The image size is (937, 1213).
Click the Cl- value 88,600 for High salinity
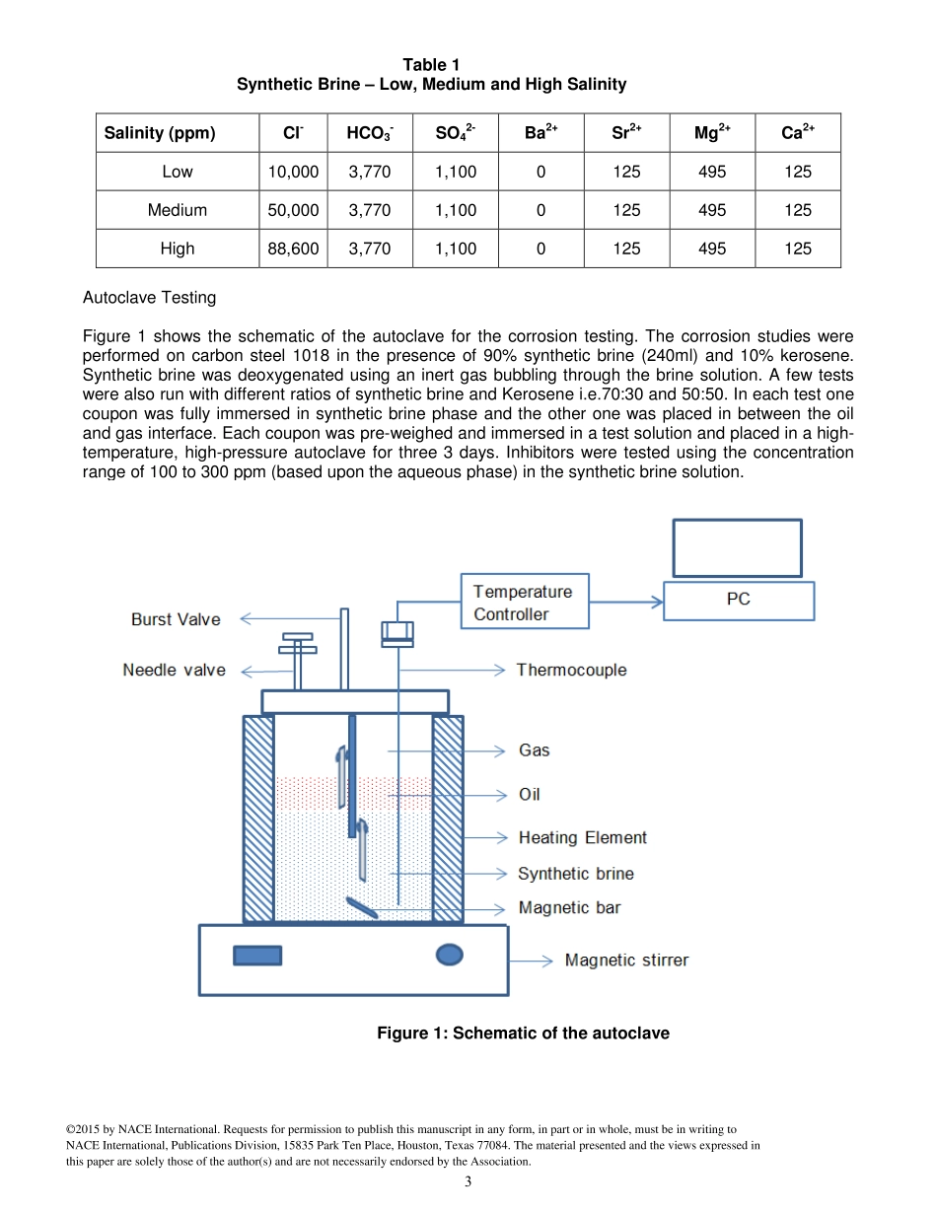coord(293,249)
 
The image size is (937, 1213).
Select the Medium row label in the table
coord(178,210)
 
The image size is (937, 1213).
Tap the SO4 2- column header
coord(456,133)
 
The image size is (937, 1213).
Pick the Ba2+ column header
coord(541,133)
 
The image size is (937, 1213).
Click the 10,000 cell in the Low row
coord(293,172)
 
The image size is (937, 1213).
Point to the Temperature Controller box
coord(524,603)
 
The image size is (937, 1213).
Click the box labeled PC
coord(739,600)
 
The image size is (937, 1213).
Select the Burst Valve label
coord(176,619)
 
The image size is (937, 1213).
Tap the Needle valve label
coord(174,670)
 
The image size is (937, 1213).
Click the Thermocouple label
coord(571,670)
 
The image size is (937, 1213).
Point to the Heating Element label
coord(583,837)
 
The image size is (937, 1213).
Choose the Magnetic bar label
coord(569,907)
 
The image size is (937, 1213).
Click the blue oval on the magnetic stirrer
coord(449,954)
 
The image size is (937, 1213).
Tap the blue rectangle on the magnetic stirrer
coord(257,955)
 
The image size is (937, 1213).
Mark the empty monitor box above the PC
coord(737,547)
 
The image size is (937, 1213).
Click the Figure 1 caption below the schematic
coord(523,1034)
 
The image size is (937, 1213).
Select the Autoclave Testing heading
coord(149,297)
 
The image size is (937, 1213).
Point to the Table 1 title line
coord(431,65)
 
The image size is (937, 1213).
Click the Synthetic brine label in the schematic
coord(576,873)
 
